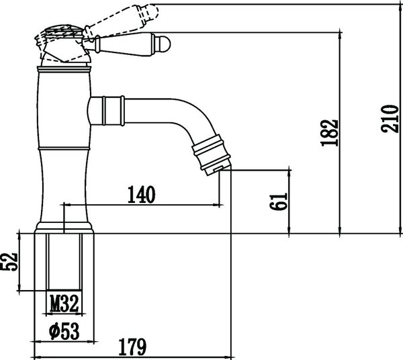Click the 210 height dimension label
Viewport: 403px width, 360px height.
390,118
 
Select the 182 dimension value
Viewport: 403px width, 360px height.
329,133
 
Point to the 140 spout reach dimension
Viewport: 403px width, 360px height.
142,195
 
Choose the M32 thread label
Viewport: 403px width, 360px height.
64,304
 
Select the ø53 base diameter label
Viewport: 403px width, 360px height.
64,331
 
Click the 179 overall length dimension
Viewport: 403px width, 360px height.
132,347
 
